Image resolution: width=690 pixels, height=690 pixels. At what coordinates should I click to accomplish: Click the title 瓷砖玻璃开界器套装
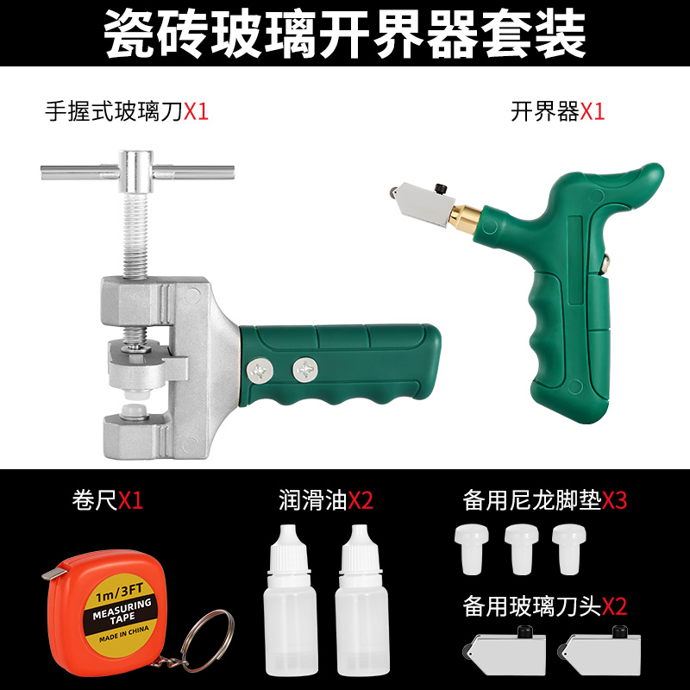click(345, 34)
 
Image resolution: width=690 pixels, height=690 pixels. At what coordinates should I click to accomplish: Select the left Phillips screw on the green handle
click(260, 368)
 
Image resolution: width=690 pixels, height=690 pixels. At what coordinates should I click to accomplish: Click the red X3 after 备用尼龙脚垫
click(614, 500)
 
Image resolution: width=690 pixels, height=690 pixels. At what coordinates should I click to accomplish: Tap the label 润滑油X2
click(325, 500)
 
